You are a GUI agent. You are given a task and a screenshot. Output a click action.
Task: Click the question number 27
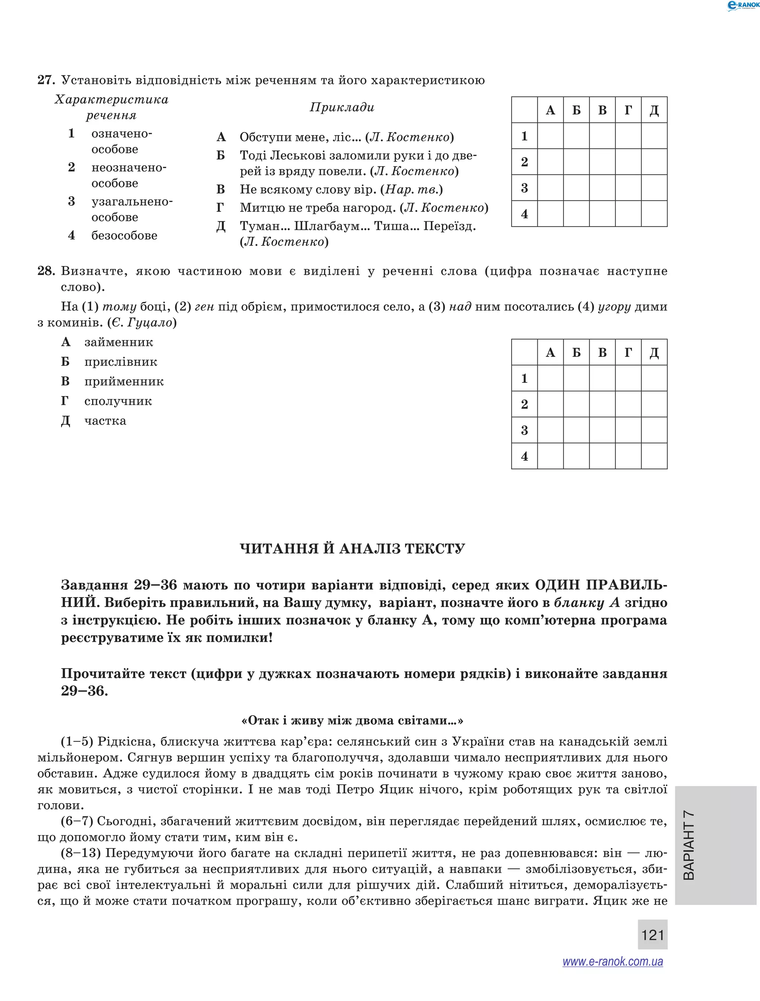46,80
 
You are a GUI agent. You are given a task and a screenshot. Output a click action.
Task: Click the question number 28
46,271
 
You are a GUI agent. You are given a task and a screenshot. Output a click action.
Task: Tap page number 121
652,935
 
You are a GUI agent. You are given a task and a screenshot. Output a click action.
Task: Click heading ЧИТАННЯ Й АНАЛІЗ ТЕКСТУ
352,549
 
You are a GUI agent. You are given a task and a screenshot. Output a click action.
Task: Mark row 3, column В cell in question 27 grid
602,188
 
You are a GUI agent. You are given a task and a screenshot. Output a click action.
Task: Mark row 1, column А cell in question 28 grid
550,378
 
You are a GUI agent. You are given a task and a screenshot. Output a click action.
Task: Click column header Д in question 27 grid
654,110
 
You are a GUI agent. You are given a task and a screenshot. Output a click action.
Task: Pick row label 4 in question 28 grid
524,456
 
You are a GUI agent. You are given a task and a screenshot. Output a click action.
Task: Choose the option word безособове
124,235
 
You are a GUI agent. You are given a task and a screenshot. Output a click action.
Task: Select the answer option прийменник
124,382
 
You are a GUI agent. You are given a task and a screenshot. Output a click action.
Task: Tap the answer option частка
105,421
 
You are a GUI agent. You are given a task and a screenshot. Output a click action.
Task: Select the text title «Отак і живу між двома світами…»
352,720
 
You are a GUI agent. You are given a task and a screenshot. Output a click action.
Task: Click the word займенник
118,342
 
